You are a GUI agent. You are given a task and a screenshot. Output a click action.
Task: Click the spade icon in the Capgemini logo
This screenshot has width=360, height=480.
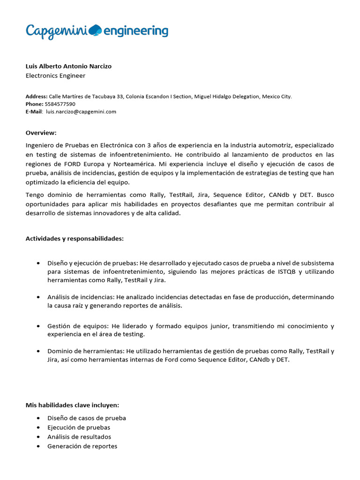point(95,30)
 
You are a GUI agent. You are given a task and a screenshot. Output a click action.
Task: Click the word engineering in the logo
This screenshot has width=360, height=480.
point(135,31)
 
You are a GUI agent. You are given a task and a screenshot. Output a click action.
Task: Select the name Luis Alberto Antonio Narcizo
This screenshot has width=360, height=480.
point(68,66)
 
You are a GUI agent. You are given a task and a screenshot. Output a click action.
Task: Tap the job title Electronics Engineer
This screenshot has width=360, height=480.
point(55,75)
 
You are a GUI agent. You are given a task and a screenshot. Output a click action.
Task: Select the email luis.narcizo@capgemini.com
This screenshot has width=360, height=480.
point(81,112)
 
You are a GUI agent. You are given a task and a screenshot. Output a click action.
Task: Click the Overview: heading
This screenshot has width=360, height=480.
point(41,133)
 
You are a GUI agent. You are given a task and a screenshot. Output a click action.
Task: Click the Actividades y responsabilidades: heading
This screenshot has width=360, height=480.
point(75,239)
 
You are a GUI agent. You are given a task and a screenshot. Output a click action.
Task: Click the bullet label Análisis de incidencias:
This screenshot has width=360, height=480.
point(81,297)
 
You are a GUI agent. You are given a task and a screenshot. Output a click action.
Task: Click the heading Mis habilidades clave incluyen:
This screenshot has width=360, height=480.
point(72,405)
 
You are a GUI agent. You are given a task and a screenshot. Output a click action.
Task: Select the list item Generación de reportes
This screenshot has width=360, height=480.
point(82,446)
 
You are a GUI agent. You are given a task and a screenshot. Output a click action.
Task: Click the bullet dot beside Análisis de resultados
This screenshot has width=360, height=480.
point(37,437)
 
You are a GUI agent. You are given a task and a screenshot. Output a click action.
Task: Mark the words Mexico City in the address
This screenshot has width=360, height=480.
point(277,97)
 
